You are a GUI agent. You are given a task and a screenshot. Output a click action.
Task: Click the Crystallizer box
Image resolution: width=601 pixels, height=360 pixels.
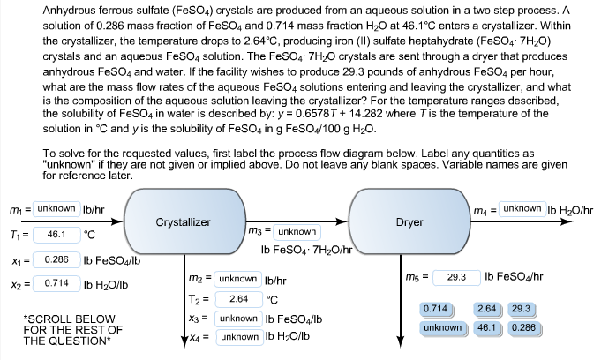183,222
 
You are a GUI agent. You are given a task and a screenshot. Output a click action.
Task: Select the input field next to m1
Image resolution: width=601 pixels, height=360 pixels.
56,208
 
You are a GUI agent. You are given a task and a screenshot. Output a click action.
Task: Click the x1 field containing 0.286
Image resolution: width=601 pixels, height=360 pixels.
56,261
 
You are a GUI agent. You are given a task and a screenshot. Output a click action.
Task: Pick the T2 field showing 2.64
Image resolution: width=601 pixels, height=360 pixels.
237,298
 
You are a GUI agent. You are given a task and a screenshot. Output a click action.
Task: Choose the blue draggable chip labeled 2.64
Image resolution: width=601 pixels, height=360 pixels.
486,309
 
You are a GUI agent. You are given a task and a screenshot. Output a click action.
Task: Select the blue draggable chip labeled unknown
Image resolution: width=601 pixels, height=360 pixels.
442,327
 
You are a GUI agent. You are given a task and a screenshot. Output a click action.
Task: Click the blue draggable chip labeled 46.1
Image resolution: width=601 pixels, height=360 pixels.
486,327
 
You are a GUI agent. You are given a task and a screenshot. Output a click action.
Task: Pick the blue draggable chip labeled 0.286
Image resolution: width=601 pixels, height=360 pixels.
523,327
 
